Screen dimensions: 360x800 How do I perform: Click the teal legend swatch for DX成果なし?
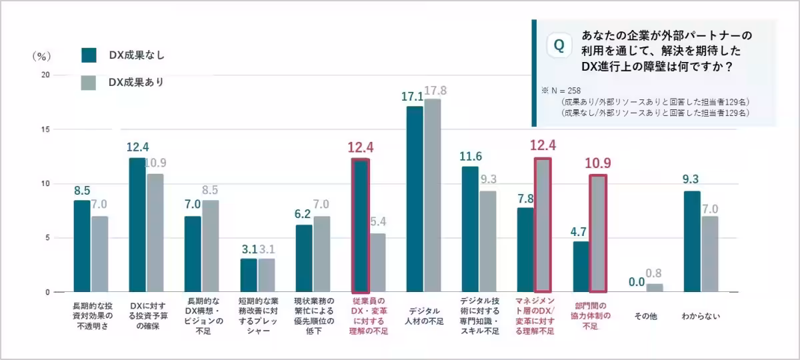[89, 55]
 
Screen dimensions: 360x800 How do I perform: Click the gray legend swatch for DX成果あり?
[89, 82]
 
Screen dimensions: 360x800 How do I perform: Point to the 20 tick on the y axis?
[45, 75]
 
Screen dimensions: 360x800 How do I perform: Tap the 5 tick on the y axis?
[47, 238]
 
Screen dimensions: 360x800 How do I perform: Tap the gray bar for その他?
[655, 288]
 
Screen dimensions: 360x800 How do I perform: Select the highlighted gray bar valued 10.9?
[598, 233]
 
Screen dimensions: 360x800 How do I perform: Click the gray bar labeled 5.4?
[377, 263]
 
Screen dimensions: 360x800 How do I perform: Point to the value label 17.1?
[413, 97]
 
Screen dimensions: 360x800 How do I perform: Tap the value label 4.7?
[580, 232]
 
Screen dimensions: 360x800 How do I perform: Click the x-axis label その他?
[645, 316]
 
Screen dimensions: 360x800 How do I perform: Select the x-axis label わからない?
[701, 316]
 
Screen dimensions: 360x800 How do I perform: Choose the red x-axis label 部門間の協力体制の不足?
[589, 316]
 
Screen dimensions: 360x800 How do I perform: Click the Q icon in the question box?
[559, 46]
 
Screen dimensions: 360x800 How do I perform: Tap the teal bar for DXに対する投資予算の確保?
[137, 225]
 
